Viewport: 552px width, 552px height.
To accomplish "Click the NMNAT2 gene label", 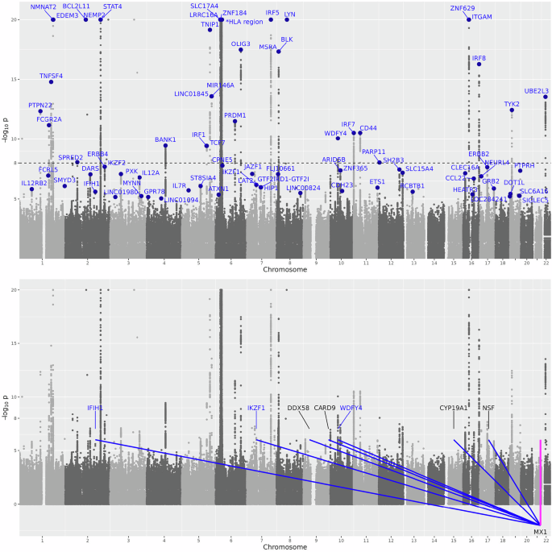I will [x=44, y=6].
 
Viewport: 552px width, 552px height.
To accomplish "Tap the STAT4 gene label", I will [x=113, y=6].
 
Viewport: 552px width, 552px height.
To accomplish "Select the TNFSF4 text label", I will [x=51, y=76].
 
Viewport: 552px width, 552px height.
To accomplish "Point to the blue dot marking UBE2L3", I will [x=546, y=97].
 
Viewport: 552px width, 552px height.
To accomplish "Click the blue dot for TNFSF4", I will [x=51, y=81].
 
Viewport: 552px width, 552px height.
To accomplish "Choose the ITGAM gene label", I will [x=481, y=16].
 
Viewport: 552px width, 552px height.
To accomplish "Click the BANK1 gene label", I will [x=165, y=139].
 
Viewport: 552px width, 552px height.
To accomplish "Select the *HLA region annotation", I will [x=244, y=22].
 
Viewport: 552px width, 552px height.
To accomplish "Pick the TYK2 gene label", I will [x=512, y=104].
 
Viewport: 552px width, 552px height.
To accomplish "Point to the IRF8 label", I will [x=479, y=58].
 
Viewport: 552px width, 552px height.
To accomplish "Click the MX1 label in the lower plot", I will [x=540, y=532].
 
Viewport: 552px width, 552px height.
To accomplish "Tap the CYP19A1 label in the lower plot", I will [x=454, y=408].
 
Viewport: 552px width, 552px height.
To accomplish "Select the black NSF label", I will [x=488, y=408].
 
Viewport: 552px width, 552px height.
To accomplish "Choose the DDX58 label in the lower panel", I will [x=298, y=408].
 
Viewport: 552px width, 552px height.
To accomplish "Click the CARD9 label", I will [x=325, y=408].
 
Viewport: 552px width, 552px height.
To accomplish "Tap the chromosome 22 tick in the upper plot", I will [x=546, y=263].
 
